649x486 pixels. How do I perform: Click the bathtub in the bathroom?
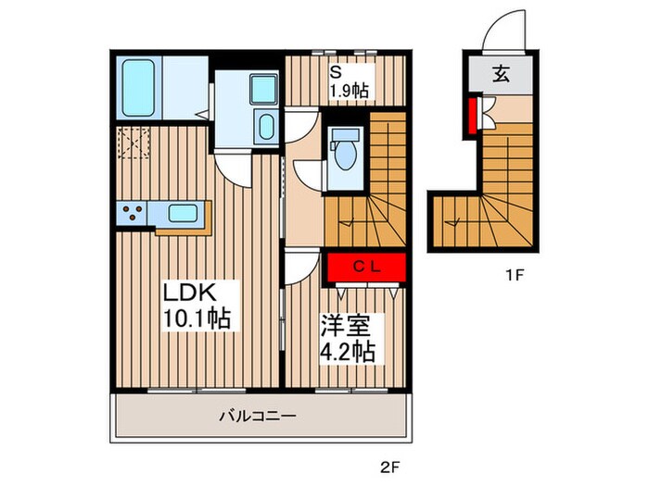138,88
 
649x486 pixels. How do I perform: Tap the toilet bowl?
345,155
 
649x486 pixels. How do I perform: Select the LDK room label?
189,293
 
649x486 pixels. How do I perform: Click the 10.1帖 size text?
197,318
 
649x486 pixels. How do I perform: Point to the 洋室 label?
345,326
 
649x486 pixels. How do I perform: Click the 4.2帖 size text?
348,352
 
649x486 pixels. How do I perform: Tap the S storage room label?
336,72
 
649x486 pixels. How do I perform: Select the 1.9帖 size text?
349,90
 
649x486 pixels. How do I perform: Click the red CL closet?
366,268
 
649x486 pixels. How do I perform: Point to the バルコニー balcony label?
258,416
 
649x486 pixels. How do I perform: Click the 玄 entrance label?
501,74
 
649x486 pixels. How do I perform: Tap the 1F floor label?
515,275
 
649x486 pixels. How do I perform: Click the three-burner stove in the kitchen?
132,213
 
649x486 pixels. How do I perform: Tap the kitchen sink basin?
183,213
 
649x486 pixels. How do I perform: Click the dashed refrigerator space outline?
134,143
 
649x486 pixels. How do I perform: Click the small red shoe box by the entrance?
472,116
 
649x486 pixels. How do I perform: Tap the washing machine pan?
263,89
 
